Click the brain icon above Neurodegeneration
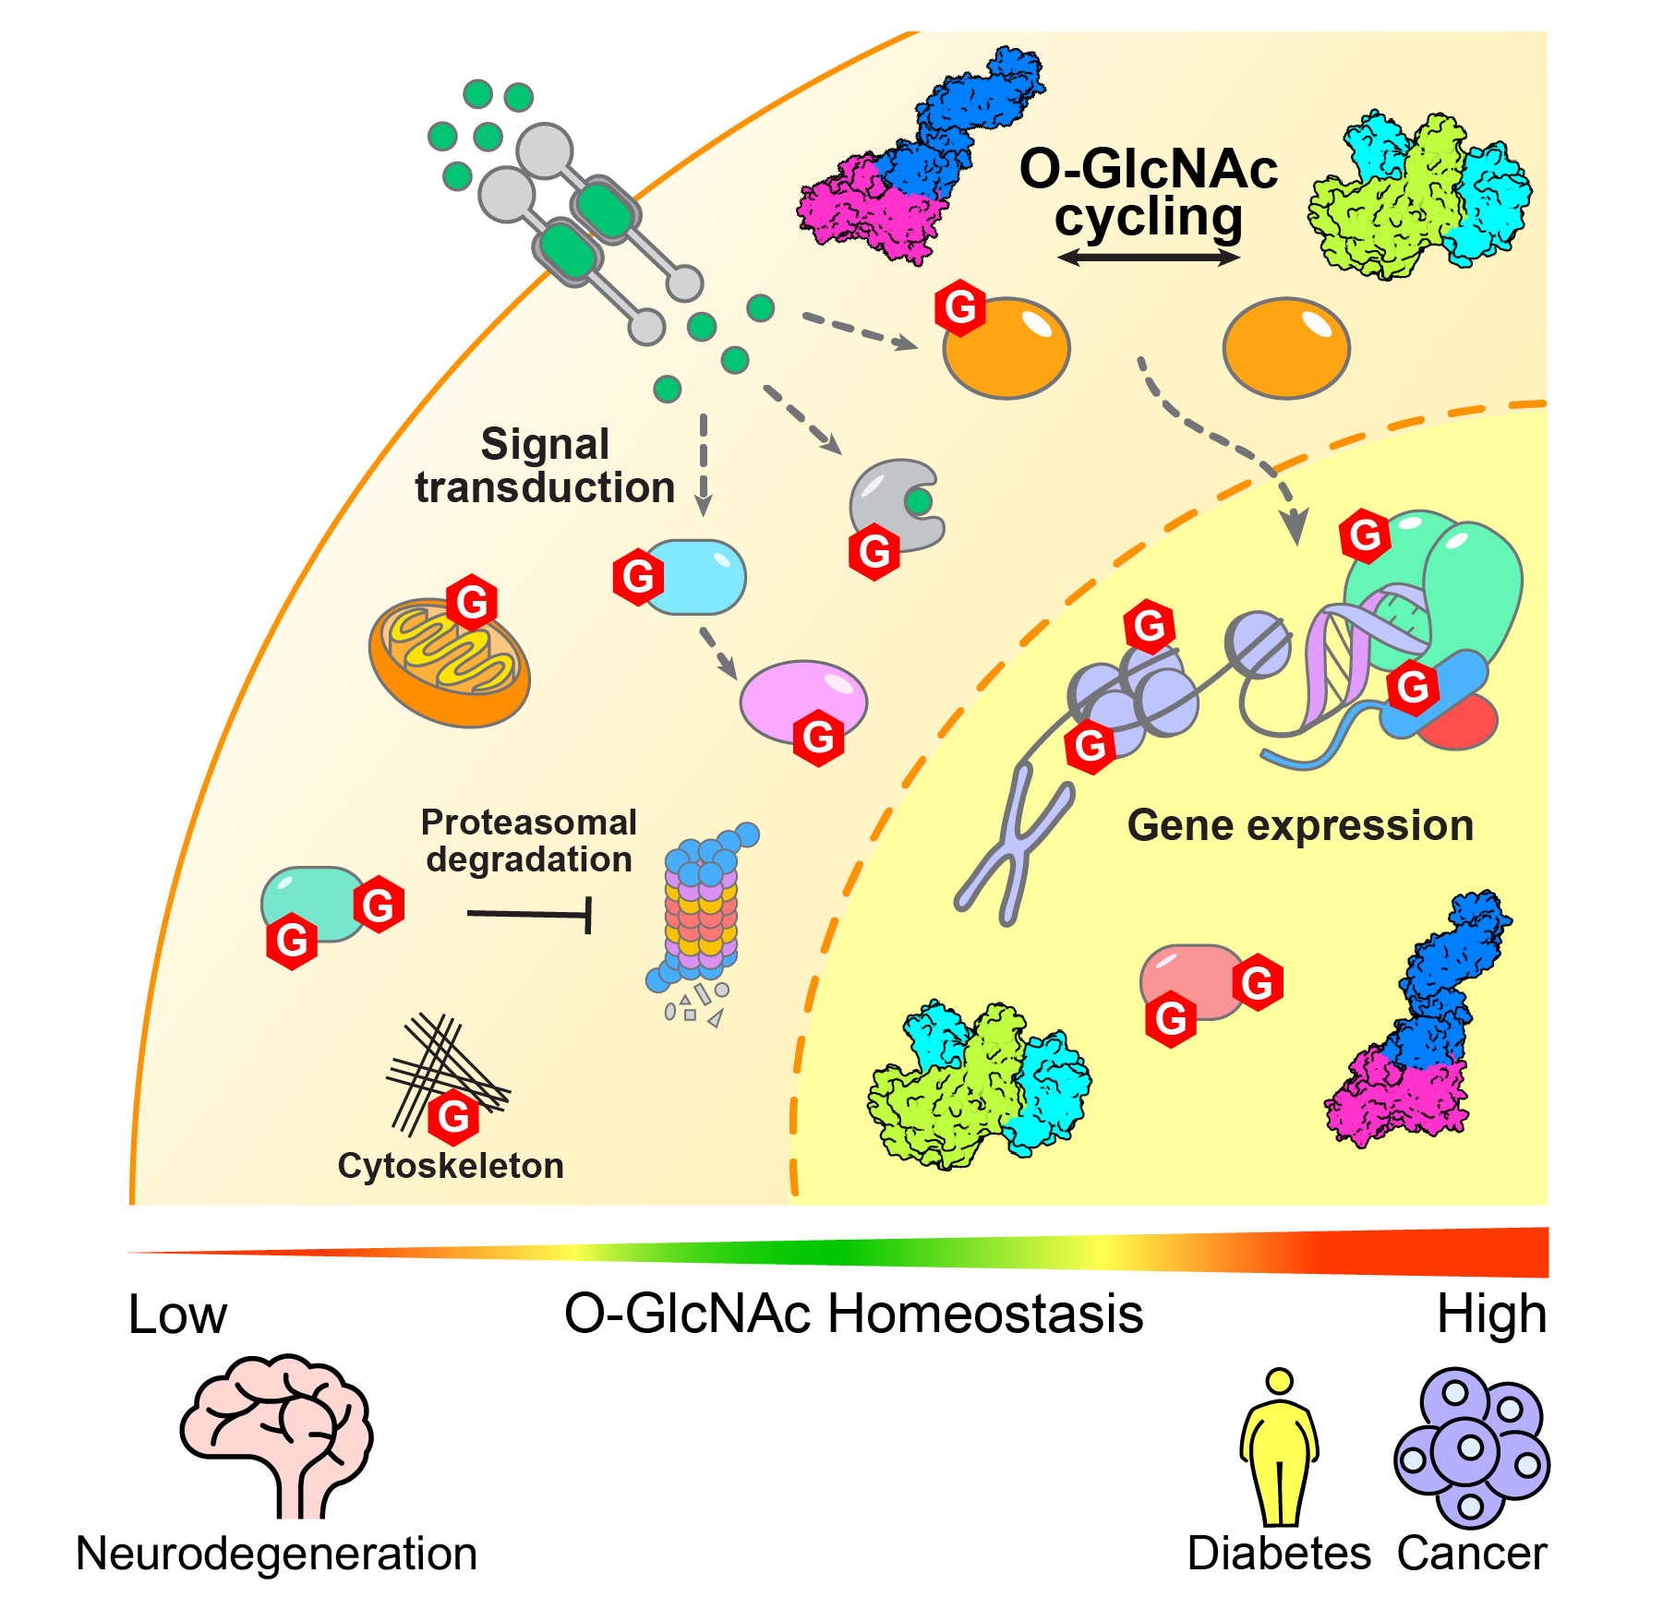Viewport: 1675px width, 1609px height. pos(275,1426)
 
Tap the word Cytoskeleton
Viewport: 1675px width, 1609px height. pos(451,1166)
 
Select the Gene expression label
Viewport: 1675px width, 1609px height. pos(1300,825)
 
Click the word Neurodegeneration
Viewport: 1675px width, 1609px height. pos(276,1554)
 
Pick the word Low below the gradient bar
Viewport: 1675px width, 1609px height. pos(177,1315)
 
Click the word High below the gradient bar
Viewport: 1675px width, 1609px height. pos(1491,1314)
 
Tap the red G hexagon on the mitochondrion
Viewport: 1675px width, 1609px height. pos(472,603)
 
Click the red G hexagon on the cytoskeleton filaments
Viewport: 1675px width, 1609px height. pos(453,1116)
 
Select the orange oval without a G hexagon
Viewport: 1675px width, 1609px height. pos(1286,348)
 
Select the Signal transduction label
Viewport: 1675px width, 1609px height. pos(545,465)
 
